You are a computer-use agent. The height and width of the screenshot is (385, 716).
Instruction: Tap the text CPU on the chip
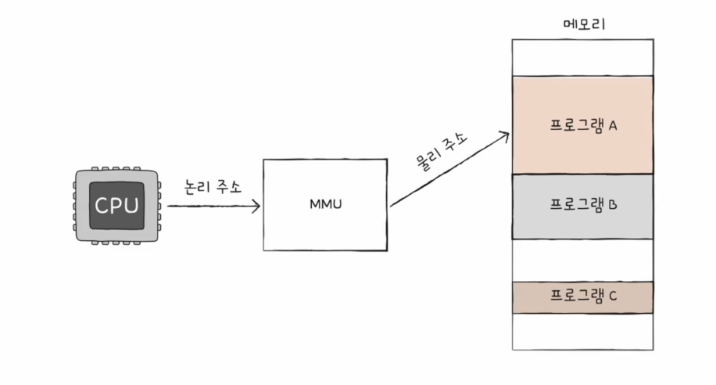coord(116,206)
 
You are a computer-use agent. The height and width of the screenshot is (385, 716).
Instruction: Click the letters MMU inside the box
coord(325,205)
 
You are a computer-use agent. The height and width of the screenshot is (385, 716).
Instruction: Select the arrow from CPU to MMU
coord(211,207)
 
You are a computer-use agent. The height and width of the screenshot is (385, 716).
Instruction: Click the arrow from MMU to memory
coord(449,171)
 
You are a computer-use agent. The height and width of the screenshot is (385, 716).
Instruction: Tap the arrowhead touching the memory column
coord(505,136)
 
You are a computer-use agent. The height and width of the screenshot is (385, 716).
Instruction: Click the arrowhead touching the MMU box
coord(256,207)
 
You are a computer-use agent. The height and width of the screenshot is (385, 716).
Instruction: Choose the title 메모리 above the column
coord(584,24)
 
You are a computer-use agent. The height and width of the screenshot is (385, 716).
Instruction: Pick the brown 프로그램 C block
coord(583,297)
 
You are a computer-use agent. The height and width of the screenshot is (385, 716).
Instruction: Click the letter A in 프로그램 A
coord(613,125)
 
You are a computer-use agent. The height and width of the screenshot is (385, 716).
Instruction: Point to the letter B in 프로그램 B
coord(613,206)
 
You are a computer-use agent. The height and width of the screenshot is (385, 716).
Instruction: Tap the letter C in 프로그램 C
coord(613,296)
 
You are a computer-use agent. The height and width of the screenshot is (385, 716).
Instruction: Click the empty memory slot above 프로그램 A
coord(583,57)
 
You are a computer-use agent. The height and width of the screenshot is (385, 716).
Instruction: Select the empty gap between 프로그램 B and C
coord(583,260)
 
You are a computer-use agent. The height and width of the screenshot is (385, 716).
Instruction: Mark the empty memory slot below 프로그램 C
coord(583,331)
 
